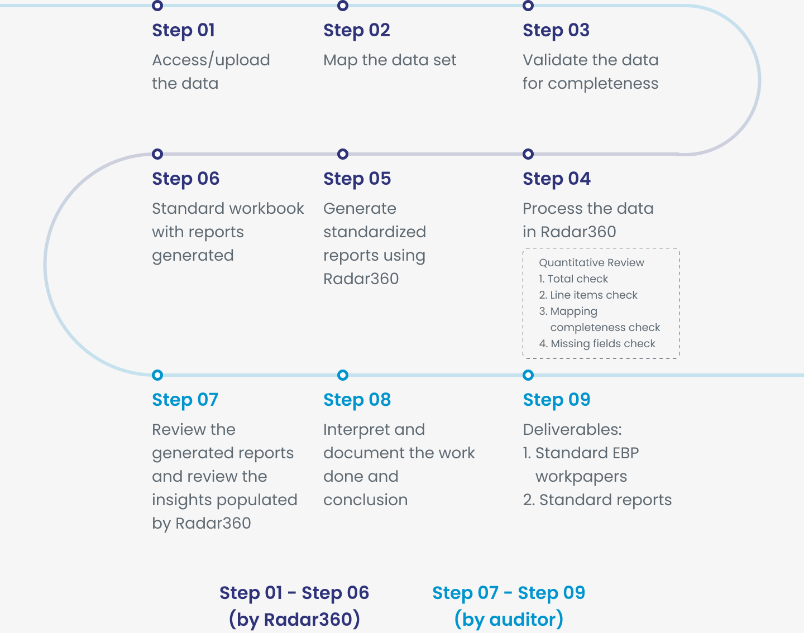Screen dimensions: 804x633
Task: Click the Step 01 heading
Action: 183,31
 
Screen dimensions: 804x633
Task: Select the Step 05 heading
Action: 357,179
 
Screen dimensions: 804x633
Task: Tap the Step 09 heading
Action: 556,400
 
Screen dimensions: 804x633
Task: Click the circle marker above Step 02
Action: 343,6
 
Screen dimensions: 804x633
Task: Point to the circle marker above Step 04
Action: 528,154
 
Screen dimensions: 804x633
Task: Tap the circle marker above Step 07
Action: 157,375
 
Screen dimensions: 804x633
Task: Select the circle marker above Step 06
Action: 157,154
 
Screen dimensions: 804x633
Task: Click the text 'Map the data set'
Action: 390,60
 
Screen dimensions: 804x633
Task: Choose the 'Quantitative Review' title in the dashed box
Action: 591,263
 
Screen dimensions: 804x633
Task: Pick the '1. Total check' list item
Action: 573,279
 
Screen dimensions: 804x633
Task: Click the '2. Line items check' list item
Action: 588,295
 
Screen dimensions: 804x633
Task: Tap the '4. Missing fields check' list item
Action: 597,343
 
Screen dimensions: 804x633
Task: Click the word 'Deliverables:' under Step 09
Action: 572,430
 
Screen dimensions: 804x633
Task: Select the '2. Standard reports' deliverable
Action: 597,500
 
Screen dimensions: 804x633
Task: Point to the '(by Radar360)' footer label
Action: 294,620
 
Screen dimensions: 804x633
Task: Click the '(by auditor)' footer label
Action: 509,620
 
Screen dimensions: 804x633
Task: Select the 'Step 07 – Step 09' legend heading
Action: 509,593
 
